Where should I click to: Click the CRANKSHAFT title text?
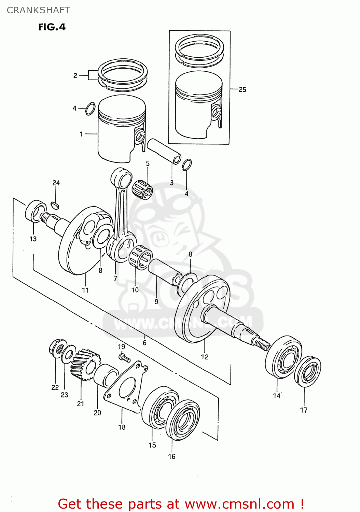(x=38, y=10)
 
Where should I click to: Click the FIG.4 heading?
(x=52, y=27)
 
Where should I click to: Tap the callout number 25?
(x=242, y=89)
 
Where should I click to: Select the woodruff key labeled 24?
(x=55, y=205)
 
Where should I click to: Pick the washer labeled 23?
(x=69, y=354)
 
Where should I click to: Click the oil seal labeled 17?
(x=308, y=372)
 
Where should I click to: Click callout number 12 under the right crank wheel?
(x=205, y=357)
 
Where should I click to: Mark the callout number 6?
(x=144, y=342)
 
